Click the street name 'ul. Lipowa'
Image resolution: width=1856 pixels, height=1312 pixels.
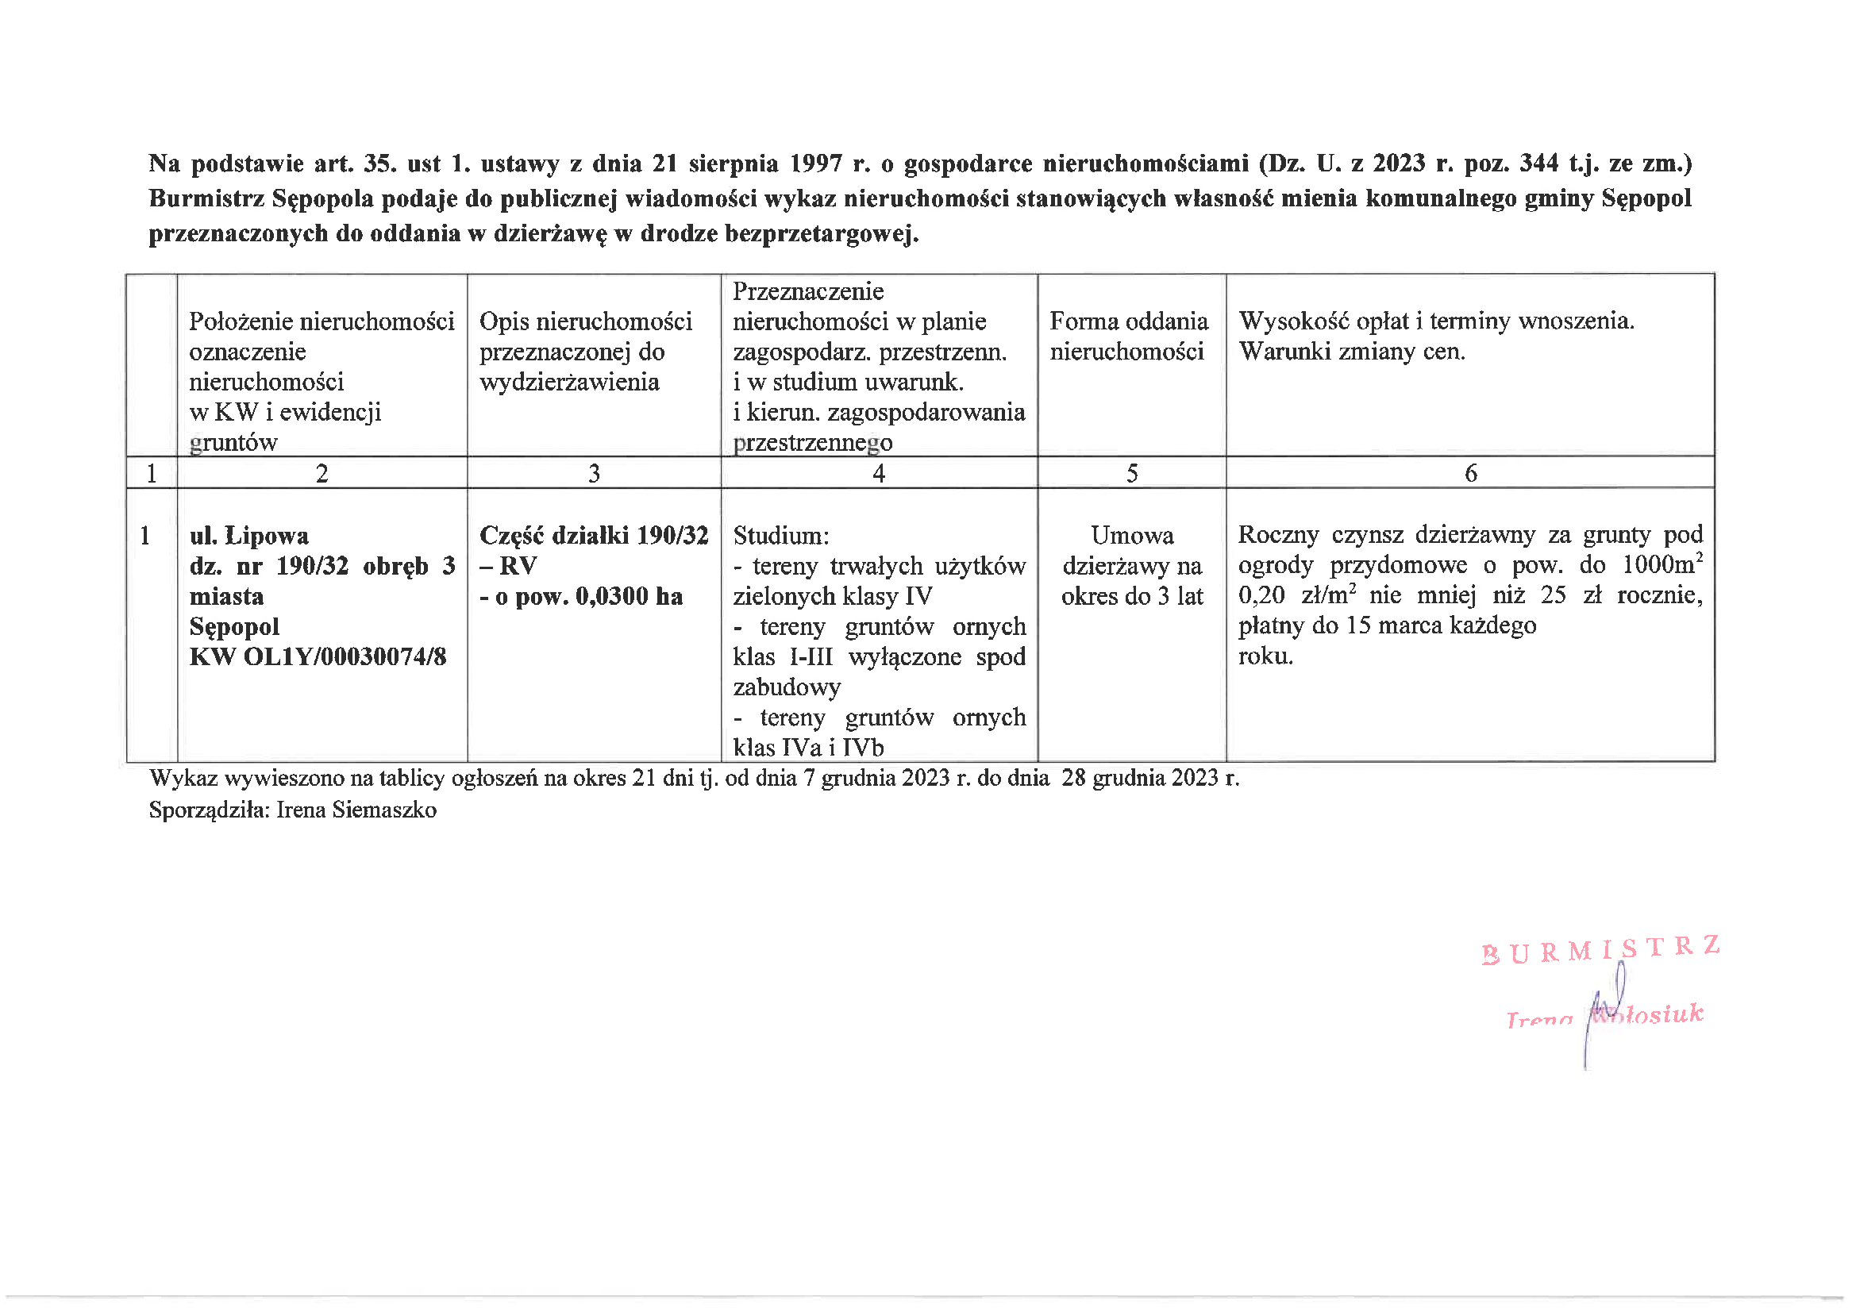point(248,536)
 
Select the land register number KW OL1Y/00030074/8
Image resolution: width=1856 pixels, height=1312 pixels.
point(318,656)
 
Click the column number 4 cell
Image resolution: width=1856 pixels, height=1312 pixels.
point(879,473)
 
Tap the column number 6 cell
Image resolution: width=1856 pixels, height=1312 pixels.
point(1470,473)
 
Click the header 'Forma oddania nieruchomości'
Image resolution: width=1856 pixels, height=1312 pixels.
point(1129,337)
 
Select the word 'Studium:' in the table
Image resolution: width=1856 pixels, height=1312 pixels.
point(781,536)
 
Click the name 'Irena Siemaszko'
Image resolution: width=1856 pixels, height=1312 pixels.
point(356,810)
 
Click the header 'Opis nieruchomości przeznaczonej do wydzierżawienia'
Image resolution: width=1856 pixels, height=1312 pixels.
point(585,352)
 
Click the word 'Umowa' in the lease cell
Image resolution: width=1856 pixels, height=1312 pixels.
point(1132,536)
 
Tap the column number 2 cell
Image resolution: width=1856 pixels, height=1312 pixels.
point(322,473)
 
